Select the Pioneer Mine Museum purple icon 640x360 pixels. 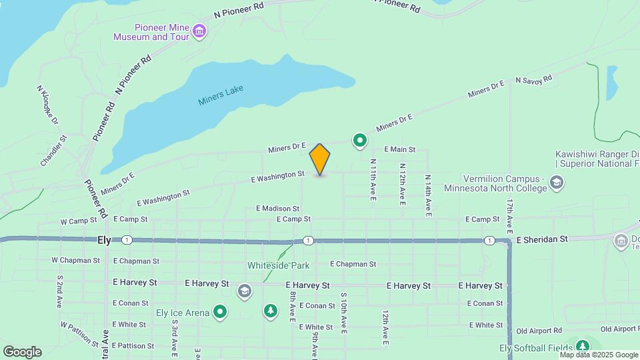tap(199, 31)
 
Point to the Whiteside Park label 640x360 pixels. tap(279, 265)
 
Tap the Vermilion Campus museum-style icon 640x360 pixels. tap(557, 183)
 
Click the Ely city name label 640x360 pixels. tap(104, 239)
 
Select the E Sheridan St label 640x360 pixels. tap(541, 239)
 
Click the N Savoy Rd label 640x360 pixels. tap(534, 79)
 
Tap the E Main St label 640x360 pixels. tap(399, 150)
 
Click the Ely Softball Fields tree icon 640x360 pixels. tap(583, 345)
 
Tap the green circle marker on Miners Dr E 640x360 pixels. tap(360, 140)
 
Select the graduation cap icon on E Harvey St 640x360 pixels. tap(245, 291)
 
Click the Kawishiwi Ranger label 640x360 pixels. tap(597, 154)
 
